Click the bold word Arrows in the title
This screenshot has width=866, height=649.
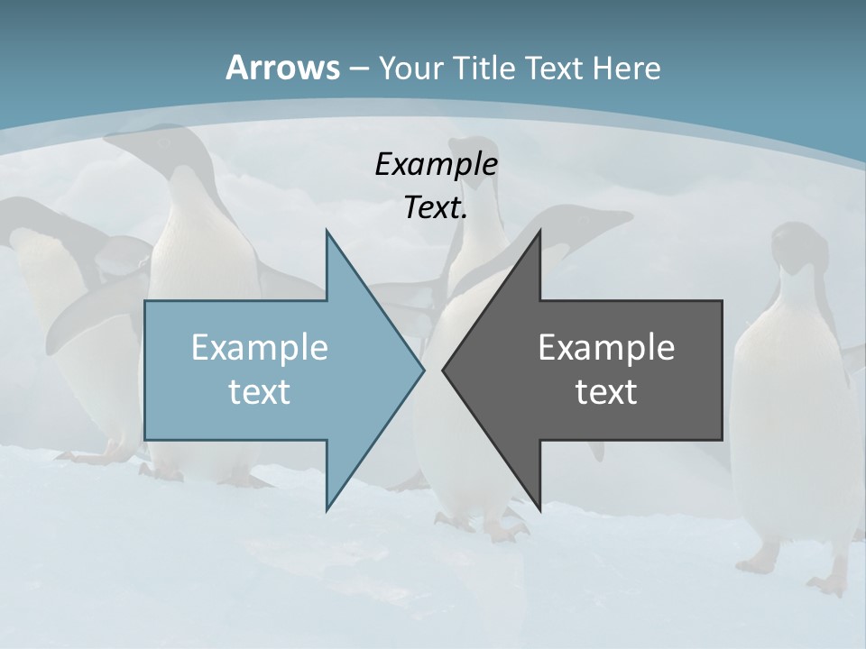282,68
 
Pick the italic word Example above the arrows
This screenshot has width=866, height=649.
436,164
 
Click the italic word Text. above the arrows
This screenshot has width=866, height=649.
436,208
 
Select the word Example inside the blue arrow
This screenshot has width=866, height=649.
259,347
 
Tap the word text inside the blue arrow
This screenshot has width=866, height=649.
259,391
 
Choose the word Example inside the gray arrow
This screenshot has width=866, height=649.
606,347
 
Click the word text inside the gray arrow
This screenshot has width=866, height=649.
606,391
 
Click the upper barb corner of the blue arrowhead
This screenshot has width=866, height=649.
327,232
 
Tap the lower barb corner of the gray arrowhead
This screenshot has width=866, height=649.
539,507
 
